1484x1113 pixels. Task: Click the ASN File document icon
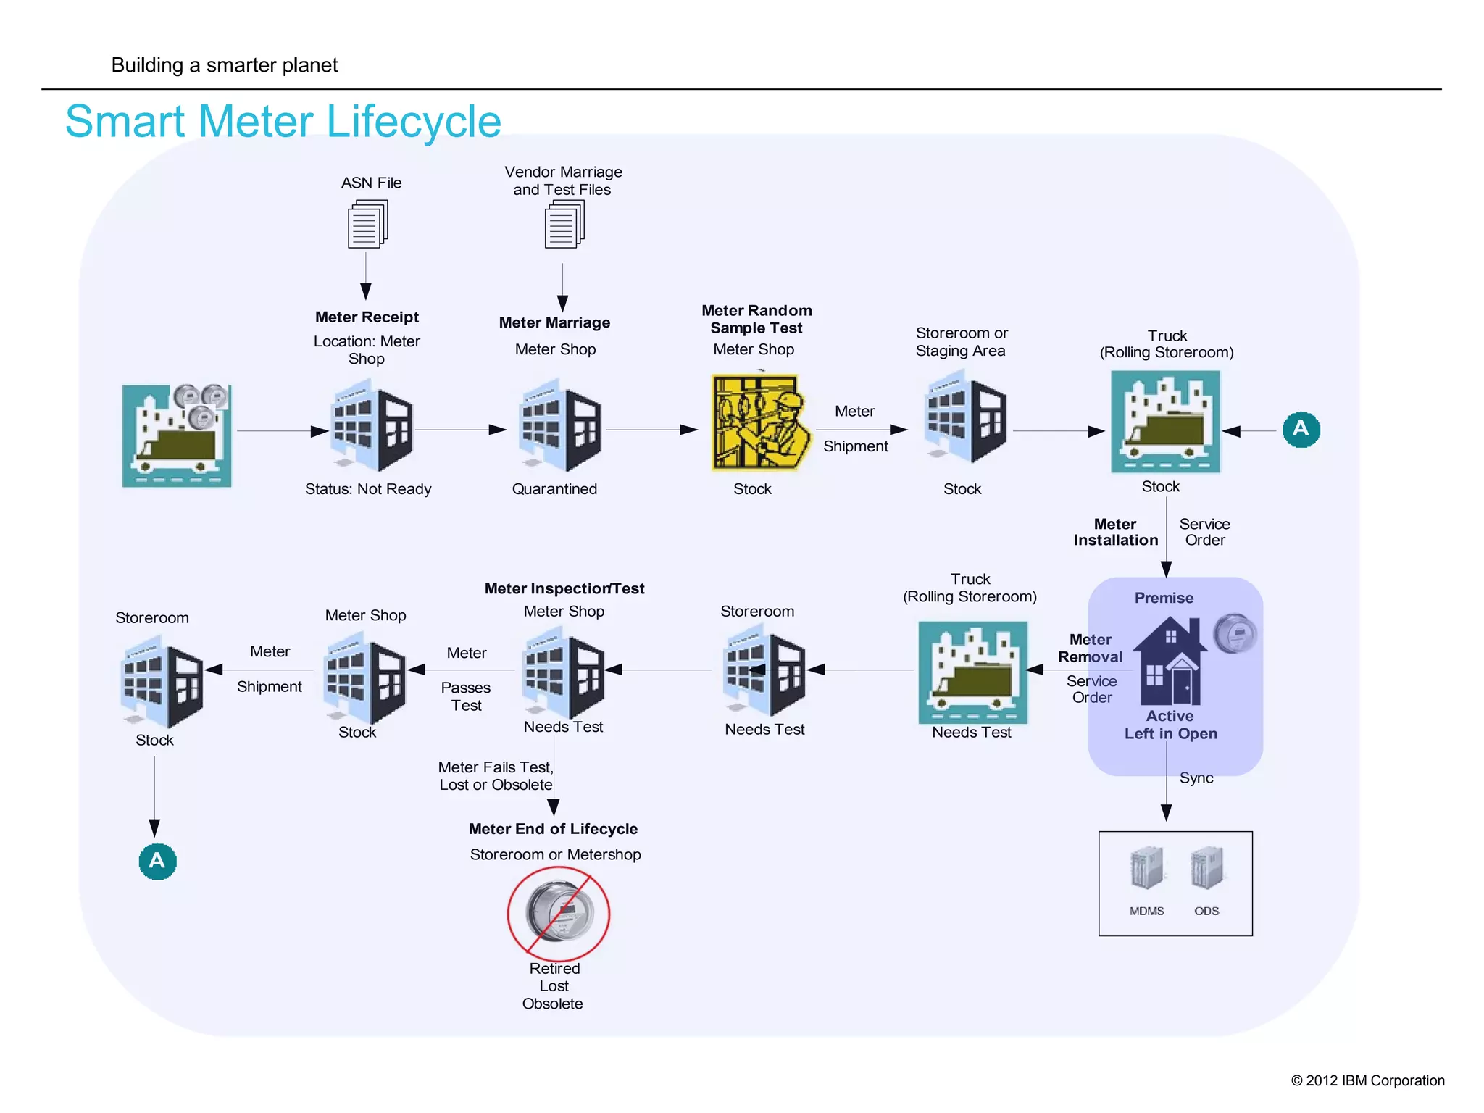click(367, 225)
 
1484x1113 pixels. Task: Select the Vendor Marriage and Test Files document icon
click(564, 225)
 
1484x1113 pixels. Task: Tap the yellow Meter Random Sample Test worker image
click(758, 422)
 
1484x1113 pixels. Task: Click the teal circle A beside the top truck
click(1301, 429)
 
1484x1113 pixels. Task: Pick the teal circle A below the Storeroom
click(157, 861)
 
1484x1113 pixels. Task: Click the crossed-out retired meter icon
click(558, 912)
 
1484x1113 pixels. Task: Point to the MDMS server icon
click(1146, 869)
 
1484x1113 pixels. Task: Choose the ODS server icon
click(1206, 869)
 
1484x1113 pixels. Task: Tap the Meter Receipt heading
click(367, 317)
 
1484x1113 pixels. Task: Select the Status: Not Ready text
click(367, 489)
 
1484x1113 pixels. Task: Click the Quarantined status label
click(554, 489)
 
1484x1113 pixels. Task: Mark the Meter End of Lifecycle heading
click(553, 829)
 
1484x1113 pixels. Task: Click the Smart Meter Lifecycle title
click(283, 121)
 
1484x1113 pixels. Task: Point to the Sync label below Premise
click(1196, 778)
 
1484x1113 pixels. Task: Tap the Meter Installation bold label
click(1115, 532)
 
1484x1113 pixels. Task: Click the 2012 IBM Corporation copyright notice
click(1367, 1080)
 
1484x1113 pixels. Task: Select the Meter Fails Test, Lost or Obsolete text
click(496, 776)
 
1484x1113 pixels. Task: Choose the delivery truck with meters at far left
click(177, 435)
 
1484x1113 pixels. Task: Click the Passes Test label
click(466, 696)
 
